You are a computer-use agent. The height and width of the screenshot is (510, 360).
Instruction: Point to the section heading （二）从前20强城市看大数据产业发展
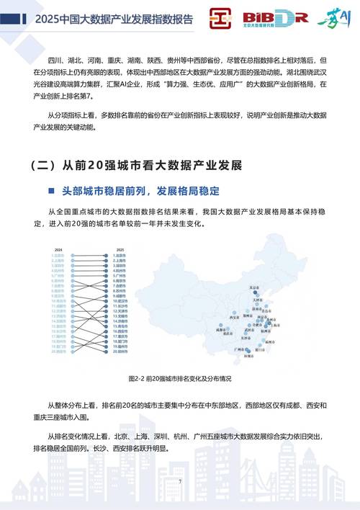click(x=137, y=166)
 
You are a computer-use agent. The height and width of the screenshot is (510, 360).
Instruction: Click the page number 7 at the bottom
click(x=180, y=481)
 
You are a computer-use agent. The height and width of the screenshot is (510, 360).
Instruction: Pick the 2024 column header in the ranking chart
click(x=57, y=249)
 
